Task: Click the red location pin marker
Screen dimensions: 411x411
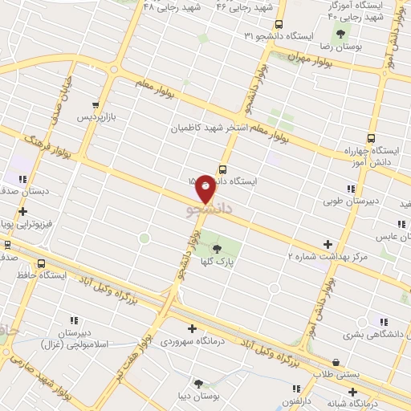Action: click(206, 188)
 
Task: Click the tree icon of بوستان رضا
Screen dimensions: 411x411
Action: click(340, 34)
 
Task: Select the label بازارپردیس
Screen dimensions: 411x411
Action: click(97, 117)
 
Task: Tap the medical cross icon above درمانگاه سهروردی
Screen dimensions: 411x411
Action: click(192, 328)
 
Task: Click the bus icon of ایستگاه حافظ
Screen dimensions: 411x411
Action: click(41, 263)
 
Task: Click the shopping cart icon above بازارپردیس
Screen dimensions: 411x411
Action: click(97, 104)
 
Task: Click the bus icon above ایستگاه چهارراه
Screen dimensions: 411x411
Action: click(372, 137)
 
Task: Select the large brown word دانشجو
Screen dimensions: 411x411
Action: click(209, 209)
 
